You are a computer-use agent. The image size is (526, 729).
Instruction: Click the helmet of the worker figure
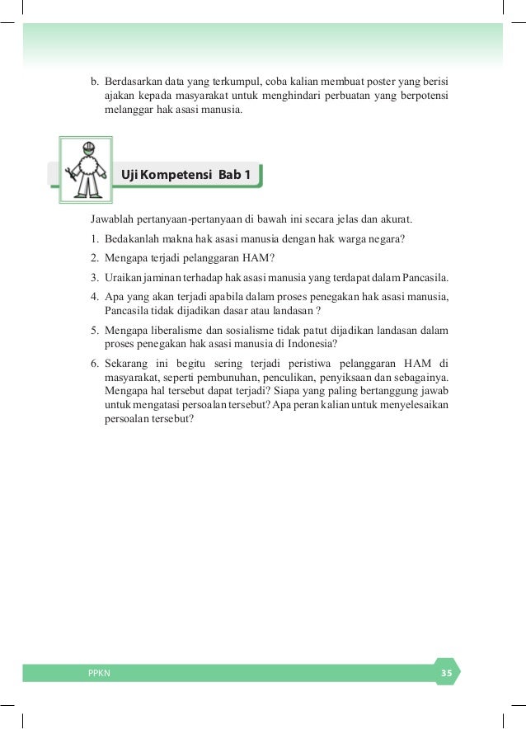pos(85,147)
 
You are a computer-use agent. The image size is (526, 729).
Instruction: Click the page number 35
pos(446,673)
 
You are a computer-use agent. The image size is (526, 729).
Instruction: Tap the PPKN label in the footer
pos(99,673)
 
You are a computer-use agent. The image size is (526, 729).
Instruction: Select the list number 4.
pos(95,295)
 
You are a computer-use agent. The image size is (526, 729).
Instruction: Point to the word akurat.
pos(394,221)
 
